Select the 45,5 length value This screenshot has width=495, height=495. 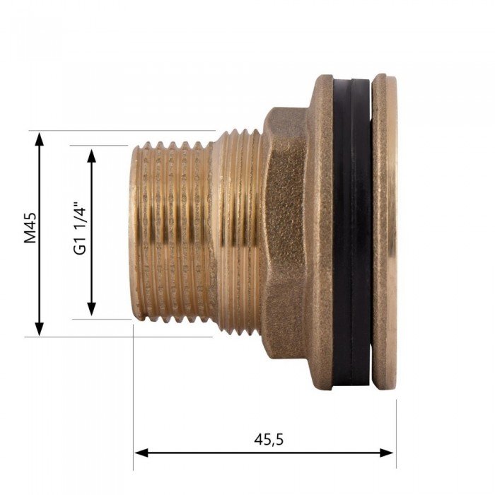269,439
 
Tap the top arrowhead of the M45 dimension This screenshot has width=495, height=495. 40,138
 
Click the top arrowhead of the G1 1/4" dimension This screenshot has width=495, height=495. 91,154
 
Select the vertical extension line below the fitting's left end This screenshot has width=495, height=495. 133,396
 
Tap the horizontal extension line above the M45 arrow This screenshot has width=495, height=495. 120,131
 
